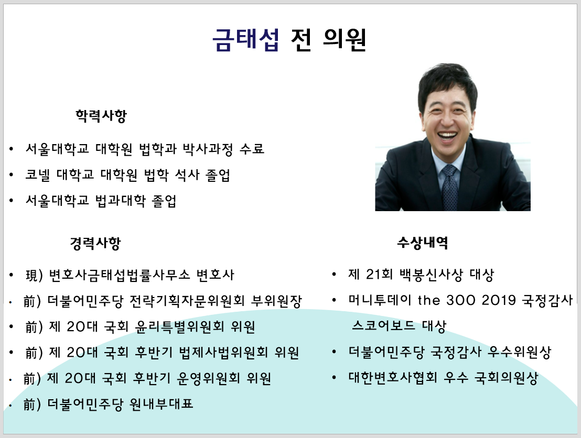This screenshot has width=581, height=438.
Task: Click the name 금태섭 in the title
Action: pyautogui.click(x=245, y=40)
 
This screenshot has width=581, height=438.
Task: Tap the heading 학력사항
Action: pyautogui.click(x=101, y=116)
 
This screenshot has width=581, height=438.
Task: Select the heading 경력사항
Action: pyautogui.click(x=95, y=243)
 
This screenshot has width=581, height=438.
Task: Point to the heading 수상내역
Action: pyautogui.click(x=423, y=243)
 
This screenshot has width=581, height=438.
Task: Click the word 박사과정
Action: pyautogui.click(x=205, y=149)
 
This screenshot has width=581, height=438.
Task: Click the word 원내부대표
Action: pyautogui.click(x=161, y=404)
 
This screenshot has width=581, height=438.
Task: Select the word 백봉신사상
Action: pyautogui.click(x=432, y=274)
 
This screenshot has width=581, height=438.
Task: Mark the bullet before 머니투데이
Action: pyautogui.click(x=334, y=301)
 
